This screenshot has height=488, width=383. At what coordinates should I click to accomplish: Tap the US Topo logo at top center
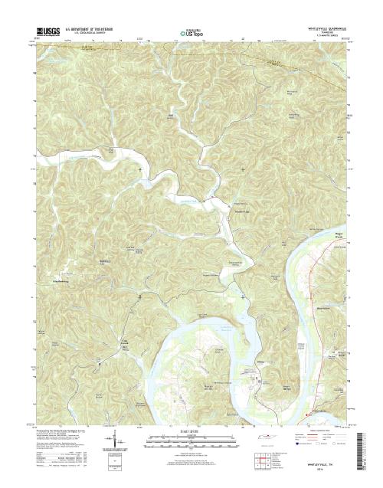point(191,34)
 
